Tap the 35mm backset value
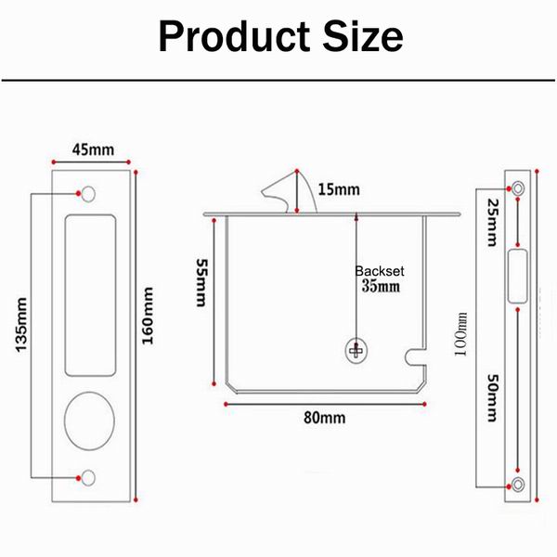tap(380, 287)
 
